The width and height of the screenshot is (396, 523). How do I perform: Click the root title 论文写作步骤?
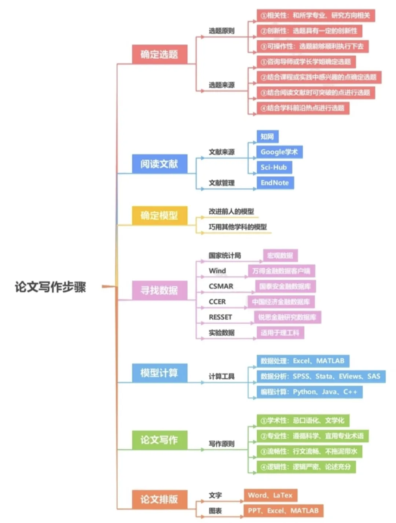tap(50, 287)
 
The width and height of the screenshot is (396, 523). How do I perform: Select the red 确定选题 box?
tap(159, 54)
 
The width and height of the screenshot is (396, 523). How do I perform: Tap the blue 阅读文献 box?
tap(159, 164)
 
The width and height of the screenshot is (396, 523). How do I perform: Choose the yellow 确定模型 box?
tap(159, 215)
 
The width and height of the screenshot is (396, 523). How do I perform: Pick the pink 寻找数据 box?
tap(159, 290)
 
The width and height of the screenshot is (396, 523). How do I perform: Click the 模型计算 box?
tap(159, 373)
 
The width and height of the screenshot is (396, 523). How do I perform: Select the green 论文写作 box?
tap(159, 440)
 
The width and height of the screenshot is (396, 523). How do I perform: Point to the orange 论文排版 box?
tap(159, 499)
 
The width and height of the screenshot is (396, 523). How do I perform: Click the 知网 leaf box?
tap(267, 137)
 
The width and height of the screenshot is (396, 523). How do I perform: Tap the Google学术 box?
tap(279, 152)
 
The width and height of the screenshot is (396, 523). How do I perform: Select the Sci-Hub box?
tap(274, 167)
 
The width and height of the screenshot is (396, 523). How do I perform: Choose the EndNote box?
tap(275, 183)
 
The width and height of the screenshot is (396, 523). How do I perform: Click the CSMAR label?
tap(221, 286)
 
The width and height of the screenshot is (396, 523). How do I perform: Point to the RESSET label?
tap(220, 317)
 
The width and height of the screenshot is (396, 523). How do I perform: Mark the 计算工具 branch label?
tap(221, 376)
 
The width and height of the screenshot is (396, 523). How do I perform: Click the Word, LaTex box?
tap(270, 495)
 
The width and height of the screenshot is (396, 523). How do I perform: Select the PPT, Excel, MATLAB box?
tap(283, 511)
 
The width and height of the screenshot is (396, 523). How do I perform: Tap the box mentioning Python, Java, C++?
tap(309, 392)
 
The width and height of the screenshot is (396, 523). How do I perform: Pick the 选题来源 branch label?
tap(221, 85)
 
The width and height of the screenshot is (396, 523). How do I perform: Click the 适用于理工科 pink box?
tap(280, 333)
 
